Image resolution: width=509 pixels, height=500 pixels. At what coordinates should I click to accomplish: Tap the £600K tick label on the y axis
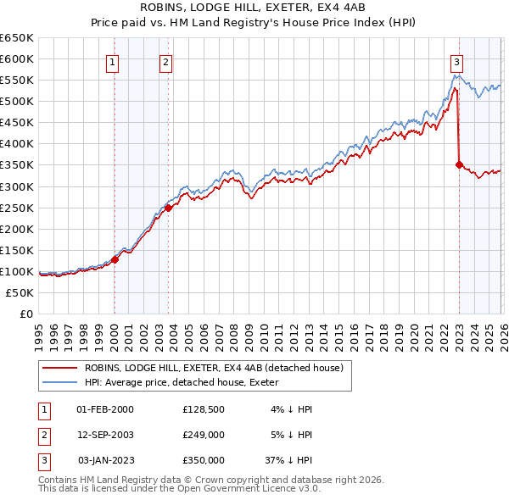18,58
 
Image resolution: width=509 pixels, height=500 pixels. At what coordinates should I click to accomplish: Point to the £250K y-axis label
18,208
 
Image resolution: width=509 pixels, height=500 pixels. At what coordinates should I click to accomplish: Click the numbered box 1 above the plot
114,61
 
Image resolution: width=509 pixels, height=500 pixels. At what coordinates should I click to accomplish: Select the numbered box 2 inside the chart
165,61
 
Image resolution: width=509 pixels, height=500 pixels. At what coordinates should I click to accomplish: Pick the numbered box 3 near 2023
456,61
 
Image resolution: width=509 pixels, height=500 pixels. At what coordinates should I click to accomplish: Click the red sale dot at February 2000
115,259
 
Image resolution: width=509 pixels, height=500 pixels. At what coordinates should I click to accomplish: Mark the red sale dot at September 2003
169,208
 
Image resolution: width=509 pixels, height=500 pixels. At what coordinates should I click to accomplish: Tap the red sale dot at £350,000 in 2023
459,165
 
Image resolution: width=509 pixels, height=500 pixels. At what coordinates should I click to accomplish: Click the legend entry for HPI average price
187,382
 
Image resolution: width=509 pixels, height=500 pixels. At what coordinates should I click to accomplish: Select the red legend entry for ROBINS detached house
213,368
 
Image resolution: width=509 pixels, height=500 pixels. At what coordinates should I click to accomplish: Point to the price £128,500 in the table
203,409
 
